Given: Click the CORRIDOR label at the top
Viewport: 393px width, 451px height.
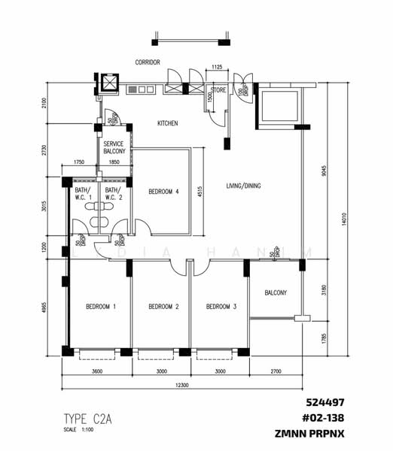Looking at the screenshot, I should pyautogui.click(x=147, y=62).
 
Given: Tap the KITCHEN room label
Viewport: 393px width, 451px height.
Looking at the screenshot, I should pyautogui.click(x=167, y=123).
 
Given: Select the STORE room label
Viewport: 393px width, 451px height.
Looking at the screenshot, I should pyautogui.click(x=218, y=90).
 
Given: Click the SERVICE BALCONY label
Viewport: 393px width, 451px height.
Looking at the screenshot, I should pyautogui.click(x=114, y=147).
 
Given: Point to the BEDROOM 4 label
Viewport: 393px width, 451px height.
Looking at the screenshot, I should pyautogui.click(x=163, y=191).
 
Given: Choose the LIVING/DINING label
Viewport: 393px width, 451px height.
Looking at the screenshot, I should pyautogui.click(x=243, y=185).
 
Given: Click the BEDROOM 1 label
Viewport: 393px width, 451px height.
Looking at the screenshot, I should pyautogui.click(x=101, y=307).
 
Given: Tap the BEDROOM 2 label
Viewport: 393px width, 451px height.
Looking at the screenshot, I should pyautogui.click(x=163, y=307).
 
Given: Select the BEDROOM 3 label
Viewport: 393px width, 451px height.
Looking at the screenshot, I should pyautogui.click(x=221, y=307).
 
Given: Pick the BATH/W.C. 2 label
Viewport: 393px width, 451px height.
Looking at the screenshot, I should pyautogui.click(x=112, y=195).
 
